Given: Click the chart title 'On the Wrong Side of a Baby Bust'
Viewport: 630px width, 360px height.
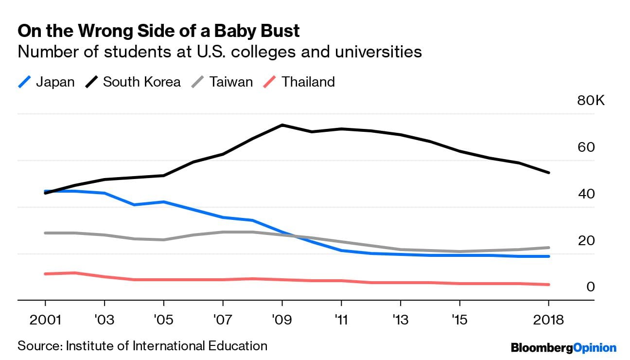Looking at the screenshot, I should tap(158, 31).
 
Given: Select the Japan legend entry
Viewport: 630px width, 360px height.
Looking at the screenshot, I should tap(46, 81).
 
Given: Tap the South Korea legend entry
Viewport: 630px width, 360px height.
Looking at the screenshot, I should tap(133, 81).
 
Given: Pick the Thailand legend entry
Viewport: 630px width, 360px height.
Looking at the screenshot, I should tap(299, 81).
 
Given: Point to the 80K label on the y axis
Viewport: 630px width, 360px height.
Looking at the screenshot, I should tap(591, 101).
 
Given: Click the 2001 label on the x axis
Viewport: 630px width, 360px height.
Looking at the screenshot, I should tap(45, 320).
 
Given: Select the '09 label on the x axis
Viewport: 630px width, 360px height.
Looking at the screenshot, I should tap(282, 320).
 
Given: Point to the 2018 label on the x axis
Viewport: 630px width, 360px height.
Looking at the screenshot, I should tap(548, 320).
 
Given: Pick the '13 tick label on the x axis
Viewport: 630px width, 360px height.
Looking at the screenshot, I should tap(400, 320).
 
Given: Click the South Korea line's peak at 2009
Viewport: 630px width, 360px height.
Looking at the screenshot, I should tap(282, 125).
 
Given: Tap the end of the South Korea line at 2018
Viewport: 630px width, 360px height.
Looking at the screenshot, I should tap(548, 172).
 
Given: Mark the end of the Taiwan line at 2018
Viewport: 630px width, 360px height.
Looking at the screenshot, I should tap(548, 248).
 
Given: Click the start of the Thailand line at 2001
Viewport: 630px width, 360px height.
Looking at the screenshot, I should tap(45, 274).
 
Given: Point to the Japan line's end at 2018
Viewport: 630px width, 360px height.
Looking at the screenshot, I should tap(548, 256).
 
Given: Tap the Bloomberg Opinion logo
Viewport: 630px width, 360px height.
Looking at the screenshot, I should tap(563, 347).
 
